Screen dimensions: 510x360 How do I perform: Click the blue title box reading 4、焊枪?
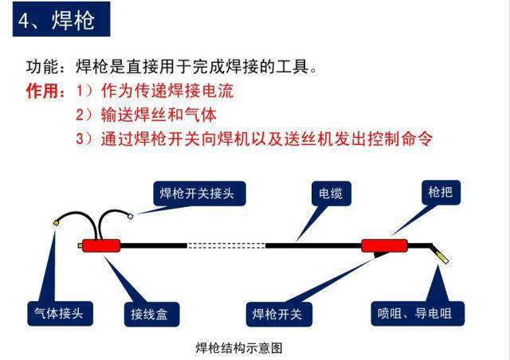(x=61, y=19)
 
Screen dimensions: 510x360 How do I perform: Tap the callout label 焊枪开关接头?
(x=199, y=194)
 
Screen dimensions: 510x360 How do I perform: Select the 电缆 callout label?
(x=331, y=194)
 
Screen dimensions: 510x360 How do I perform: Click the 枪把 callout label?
(x=441, y=192)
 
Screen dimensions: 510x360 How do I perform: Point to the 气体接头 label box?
(x=61, y=314)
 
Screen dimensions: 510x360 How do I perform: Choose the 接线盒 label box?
(x=151, y=314)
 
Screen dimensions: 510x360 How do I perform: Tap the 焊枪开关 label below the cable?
(x=279, y=314)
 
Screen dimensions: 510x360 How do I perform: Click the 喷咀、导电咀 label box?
(x=418, y=314)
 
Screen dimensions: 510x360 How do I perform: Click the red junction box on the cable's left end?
(x=101, y=245)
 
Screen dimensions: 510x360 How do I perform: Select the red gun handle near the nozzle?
(x=384, y=245)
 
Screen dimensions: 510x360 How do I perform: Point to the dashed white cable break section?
(x=226, y=245)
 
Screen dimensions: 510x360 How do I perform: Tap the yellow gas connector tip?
(x=56, y=223)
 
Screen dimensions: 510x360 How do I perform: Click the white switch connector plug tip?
(x=130, y=216)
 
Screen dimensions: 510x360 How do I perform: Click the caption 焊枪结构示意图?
(x=239, y=348)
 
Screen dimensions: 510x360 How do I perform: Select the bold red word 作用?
(x=42, y=91)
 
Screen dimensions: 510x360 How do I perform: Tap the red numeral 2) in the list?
(x=84, y=115)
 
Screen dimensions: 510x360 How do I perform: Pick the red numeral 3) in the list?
(x=84, y=139)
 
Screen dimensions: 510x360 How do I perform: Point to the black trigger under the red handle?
(x=380, y=254)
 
